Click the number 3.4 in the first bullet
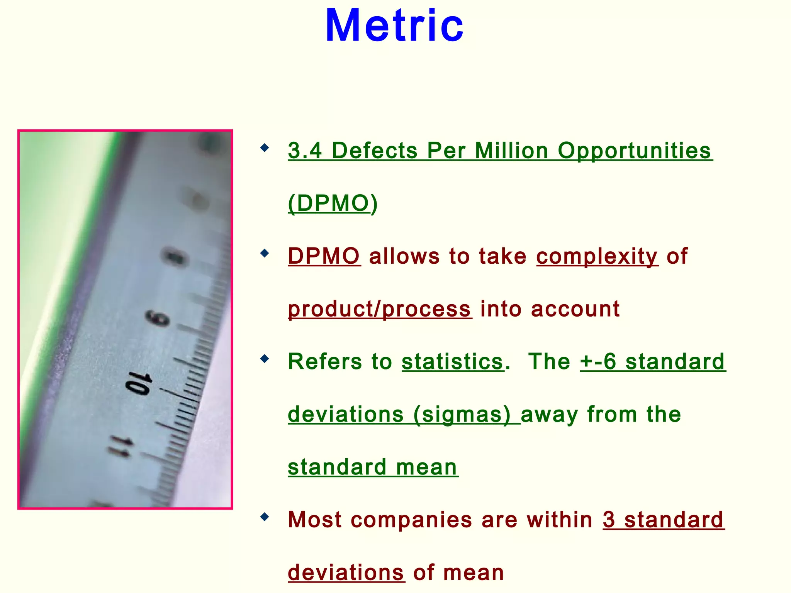(305, 151)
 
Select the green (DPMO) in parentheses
(333, 203)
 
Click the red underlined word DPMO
(324, 256)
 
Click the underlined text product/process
(379, 309)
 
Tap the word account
(575, 309)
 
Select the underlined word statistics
(453, 362)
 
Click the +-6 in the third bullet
(598, 362)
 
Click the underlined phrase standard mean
(373, 467)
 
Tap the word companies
(411, 520)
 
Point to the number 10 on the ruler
(138, 383)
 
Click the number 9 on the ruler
(158, 318)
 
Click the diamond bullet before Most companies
(265, 517)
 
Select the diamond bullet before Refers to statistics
(265, 359)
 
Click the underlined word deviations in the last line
(346, 573)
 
